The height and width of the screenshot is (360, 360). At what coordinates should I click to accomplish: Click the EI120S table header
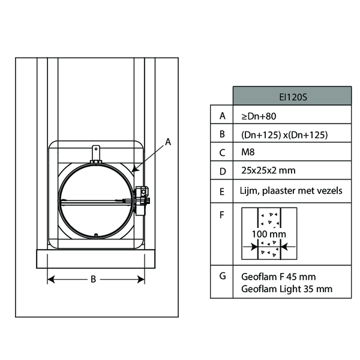(293, 97)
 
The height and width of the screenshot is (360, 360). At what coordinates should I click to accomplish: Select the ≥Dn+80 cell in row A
(259, 116)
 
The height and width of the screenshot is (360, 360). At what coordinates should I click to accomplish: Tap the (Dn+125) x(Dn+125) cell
(284, 135)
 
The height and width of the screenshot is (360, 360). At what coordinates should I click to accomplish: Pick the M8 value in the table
(248, 152)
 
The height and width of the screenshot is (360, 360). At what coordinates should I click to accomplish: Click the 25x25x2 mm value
(268, 170)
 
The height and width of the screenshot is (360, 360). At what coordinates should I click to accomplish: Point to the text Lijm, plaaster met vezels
(291, 191)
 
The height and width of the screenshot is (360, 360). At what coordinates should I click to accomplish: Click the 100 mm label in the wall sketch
(269, 234)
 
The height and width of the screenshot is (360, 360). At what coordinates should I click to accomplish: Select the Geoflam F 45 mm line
(278, 277)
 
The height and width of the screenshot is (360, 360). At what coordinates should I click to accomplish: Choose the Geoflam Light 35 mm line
(287, 289)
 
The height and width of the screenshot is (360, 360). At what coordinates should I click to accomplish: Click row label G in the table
(223, 276)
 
